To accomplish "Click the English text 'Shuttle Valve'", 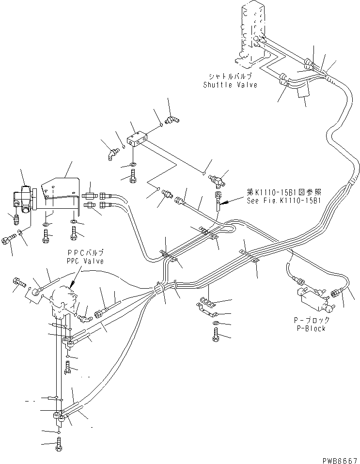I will pos(230,85).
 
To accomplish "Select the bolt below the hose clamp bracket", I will pos(216,336).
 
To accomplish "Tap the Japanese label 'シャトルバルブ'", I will pos(230,77).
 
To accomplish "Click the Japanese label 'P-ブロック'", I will pos(312,321).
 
